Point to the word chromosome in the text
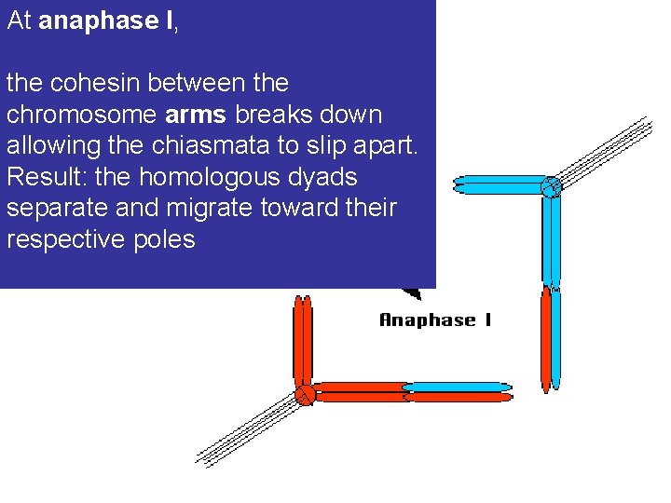[81, 115]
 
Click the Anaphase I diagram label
[434, 320]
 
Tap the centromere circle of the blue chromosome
[551, 186]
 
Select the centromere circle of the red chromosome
[304, 394]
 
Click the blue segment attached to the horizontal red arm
[457, 387]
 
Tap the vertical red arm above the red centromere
[303, 340]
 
